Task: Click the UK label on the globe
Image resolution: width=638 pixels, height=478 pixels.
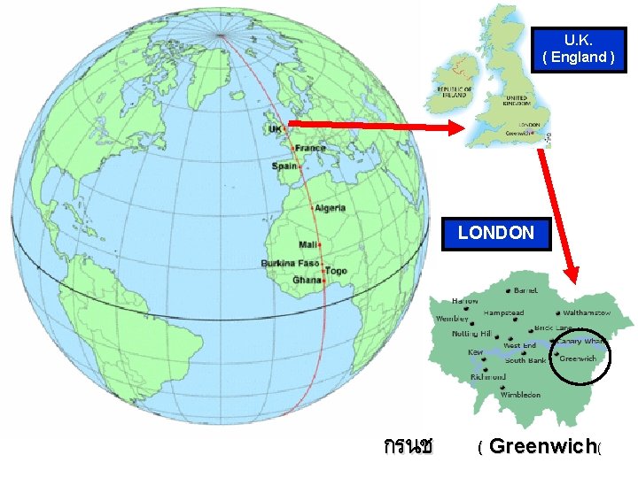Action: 275,129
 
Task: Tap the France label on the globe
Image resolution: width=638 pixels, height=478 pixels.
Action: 310,148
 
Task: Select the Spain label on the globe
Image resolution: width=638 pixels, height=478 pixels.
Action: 284,166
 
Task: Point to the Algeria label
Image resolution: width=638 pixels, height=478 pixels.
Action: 330,208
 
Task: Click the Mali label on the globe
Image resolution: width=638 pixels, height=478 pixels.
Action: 308,244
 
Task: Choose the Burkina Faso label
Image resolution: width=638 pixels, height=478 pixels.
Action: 290,264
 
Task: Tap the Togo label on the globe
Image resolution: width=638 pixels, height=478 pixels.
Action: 336,271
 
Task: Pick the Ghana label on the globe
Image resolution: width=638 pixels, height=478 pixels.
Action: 307,281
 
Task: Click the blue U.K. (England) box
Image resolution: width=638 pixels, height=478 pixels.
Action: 577,49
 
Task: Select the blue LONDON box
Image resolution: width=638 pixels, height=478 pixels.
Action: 496,234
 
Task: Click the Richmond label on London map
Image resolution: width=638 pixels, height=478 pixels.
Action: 488,376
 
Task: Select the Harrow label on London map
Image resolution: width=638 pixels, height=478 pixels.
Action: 465,301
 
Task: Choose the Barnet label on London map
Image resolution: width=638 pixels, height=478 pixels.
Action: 525,290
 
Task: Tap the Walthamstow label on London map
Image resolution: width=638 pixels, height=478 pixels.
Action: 587,313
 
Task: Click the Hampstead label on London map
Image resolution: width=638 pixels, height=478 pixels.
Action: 503,312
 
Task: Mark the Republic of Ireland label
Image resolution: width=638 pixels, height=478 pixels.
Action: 454,93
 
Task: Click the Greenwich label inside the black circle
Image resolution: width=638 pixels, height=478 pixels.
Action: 578,358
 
